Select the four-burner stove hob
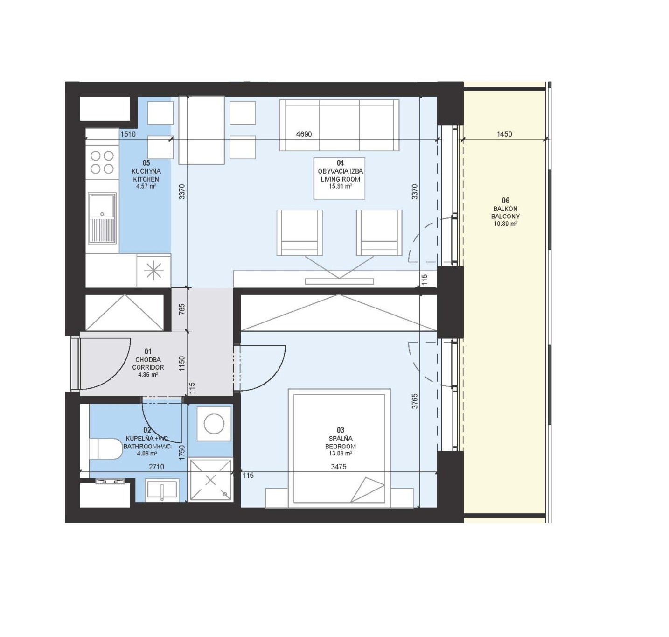tap(102, 162)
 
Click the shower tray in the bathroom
tap(210, 480)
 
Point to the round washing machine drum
tap(214, 424)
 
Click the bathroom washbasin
tap(162, 490)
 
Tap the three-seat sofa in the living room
tap(339, 125)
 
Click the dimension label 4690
tap(304, 134)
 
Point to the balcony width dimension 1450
tap(504, 134)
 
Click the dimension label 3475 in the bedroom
tap(338, 467)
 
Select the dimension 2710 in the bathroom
tap(156, 467)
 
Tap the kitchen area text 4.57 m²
tap(146, 186)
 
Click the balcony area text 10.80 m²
tap(505, 224)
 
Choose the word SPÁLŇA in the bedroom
tap(340, 439)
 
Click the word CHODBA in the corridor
tap(148, 359)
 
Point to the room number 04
tap(340, 163)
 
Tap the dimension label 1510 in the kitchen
tap(128, 134)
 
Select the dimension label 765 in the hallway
tap(181, 309)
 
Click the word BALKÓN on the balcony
tap(505, 209)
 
